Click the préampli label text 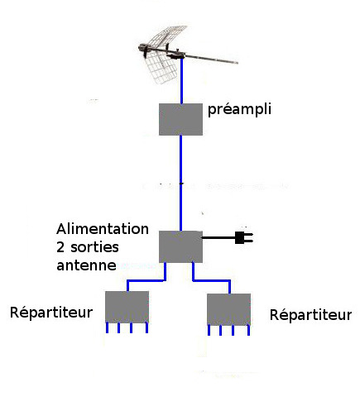tap(239, 109)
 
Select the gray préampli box tap(180, 119)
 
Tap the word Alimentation tap(103, 229)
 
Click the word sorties tap(94, 247)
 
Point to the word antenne tap(86, 265)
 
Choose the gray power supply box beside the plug tap(180, 246)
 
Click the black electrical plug tap(244, 237)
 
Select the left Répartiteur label tap(51, 313)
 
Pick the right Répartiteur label tap(310, 315)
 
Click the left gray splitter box tap(127, 307)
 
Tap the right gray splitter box tap(228, 309)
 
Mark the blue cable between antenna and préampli tap(181, 81)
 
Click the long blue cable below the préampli tap(180, 183)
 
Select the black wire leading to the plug tap(218, 237)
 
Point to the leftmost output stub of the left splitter tap(107, 327)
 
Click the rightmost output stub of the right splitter tap(248, 330)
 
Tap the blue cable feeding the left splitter tap(146, 280)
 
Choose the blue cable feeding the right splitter tap(211, 280)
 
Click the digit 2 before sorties tap(60, 247)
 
